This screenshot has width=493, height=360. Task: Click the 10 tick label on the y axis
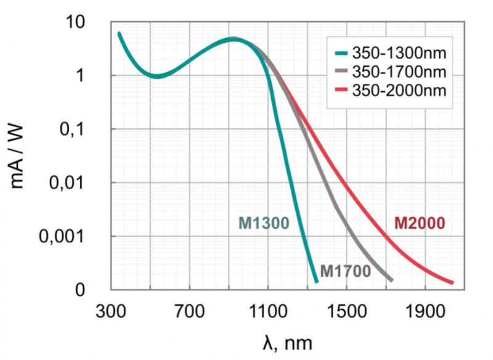[x=75, y=22]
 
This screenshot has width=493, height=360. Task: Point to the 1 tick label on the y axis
[x=81, y=76]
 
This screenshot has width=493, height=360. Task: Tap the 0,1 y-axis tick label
[x=72, y=129]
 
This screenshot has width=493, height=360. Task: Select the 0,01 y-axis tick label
[x=67, y=182]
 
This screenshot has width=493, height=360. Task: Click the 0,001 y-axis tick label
[x=62, y=237]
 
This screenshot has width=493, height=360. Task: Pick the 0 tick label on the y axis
[x=80, y=290]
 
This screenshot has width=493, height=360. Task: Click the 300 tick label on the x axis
[x=111, y=311]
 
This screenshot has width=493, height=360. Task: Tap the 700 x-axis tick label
[x=190, y=311]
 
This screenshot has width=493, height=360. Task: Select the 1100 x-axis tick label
[x=268, y=311]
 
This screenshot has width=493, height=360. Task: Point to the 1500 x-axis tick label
[x=347, y=311]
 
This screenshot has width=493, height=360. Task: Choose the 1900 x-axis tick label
[x=425, y=311]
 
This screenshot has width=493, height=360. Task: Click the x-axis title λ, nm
[x=287, y=343]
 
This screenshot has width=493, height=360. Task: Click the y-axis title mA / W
[x=17, y=157]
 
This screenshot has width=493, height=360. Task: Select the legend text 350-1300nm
[x=399, y=53]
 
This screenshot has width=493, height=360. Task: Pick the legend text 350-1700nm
[x=399, y=72]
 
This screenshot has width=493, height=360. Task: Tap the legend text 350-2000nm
[x=399, y=91]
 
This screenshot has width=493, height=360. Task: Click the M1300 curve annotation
[x=264, y=223]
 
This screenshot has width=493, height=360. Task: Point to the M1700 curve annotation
[x=346, y=271]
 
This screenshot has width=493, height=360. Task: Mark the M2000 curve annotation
[x=420, y=223]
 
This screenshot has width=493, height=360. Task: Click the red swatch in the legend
[x=341, y=90]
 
